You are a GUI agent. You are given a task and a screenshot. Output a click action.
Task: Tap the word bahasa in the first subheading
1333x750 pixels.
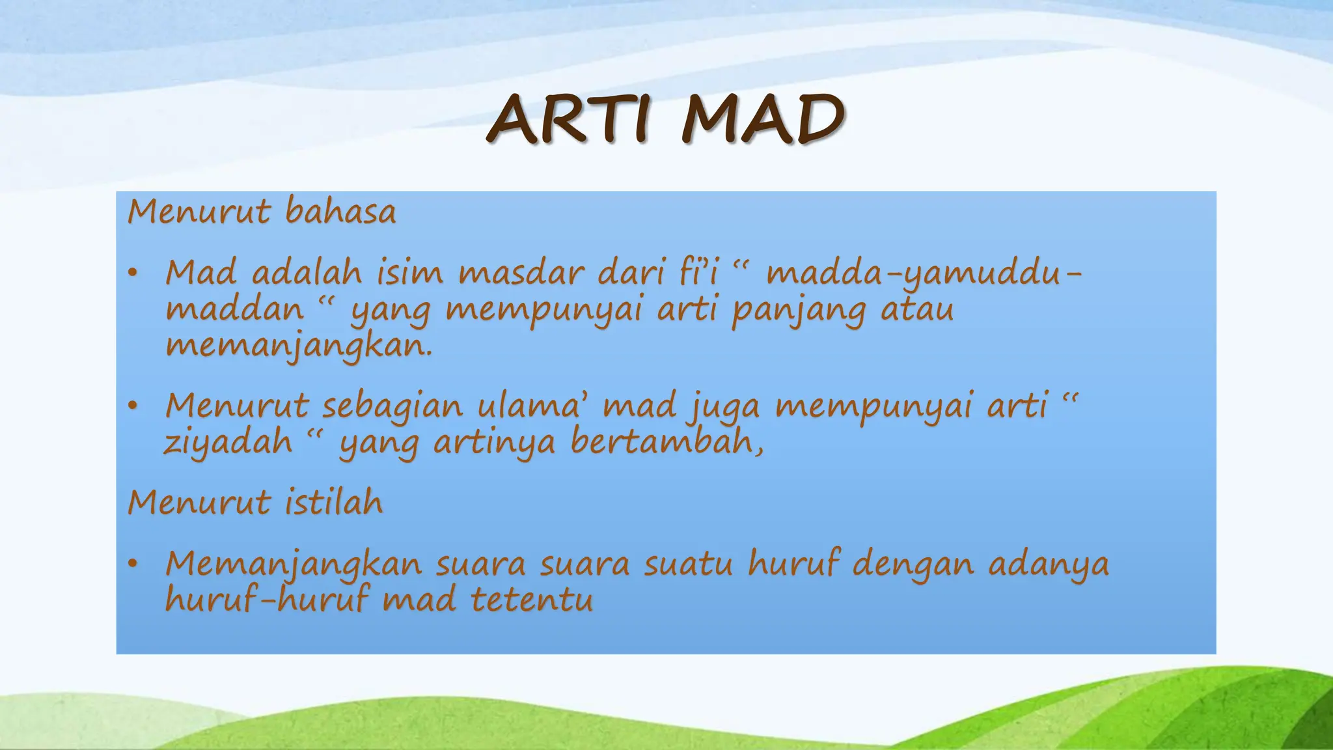click(340, 212)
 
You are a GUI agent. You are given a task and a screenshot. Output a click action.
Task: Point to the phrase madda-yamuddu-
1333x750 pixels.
click(923, 274)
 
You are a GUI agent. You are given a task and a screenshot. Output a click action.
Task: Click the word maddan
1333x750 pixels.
click(235, 309)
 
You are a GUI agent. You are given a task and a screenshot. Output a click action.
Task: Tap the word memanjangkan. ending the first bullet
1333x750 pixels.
click(299, 346)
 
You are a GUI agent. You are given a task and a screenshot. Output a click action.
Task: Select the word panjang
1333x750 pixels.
click(799, 310)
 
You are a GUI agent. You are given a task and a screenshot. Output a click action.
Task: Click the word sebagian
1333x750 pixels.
click(392, 406)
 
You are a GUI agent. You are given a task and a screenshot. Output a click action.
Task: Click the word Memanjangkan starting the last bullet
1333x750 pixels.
click(294, 564)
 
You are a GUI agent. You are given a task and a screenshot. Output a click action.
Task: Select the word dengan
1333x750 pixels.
click(913, 564)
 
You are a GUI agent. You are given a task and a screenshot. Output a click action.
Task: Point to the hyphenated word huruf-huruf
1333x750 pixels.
click(266, 599)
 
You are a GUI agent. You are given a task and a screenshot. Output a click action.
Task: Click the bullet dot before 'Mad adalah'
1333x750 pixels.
click(133, 273)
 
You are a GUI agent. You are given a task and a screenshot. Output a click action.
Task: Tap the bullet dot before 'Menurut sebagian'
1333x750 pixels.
click(133, 406)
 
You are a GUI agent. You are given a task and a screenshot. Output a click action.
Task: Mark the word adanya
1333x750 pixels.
click(1049, 564)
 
